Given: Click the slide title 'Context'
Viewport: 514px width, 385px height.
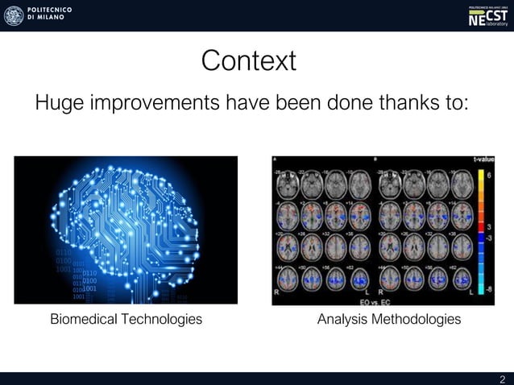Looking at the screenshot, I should coord(248,61).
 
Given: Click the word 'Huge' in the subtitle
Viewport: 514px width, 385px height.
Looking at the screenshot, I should coord(59,104).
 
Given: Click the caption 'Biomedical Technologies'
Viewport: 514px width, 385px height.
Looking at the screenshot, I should coord(126,320).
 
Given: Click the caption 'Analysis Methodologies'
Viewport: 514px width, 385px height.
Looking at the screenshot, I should coord(389,320).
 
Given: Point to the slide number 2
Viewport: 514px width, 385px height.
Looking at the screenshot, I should coord(503,379).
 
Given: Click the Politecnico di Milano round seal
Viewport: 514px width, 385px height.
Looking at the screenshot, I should coord(14,15).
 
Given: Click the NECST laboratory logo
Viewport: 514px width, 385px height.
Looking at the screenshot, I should coord(488,16).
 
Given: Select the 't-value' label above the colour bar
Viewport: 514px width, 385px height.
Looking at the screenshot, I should coord(483,159).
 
